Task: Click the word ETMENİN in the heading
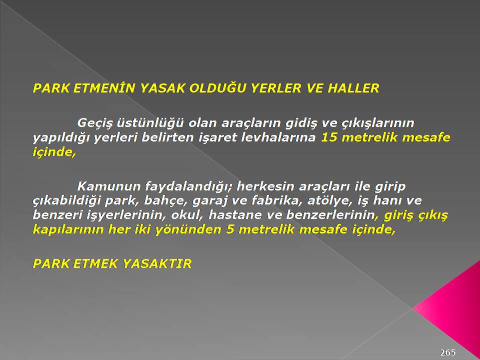pyautogui.click(x=104, y=88)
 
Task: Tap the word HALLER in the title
pyautogui.click(x=353, y=88)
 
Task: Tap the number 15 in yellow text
pyautogui.click(x=329, y=137)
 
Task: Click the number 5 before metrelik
pyautogui.click(x=230, y=229)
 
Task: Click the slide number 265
pyautogui.click(x=448, y=352)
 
